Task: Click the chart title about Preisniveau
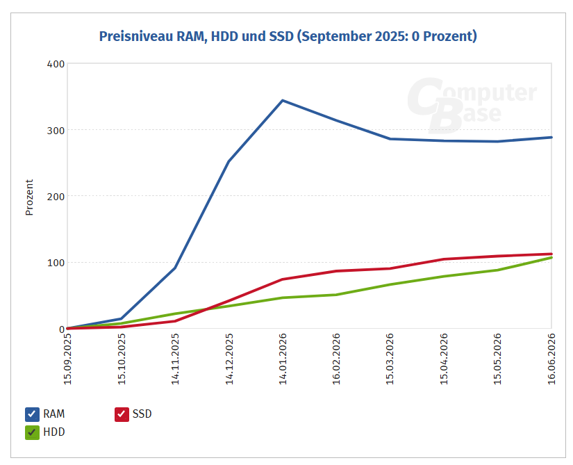tap(288, 37)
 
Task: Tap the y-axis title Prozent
tap(29, 197)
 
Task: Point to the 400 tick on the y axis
tap(56, 64)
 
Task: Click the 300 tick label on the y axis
tap(56, 131)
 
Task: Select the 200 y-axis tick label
tap(56, 196)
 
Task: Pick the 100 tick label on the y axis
tap(56, 263)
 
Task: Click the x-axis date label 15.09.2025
tap(68, 359)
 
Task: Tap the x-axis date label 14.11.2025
tap(176, 359)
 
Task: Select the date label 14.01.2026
tap(283, 359)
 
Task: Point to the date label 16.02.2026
tap(337, 359)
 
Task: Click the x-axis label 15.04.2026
tap(444, 359)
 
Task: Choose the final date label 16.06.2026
tap(551, 359)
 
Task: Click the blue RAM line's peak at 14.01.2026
tap(283, 101)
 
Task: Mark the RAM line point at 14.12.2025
tap(229, 161)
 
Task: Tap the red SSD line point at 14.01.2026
tap(283, 279)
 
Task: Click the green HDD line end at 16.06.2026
tap(551, 258)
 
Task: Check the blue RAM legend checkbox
tap(32, 414)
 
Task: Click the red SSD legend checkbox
tap(122, 414)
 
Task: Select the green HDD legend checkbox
tap(32, 432)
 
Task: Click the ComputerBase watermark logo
tap(472, 105)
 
